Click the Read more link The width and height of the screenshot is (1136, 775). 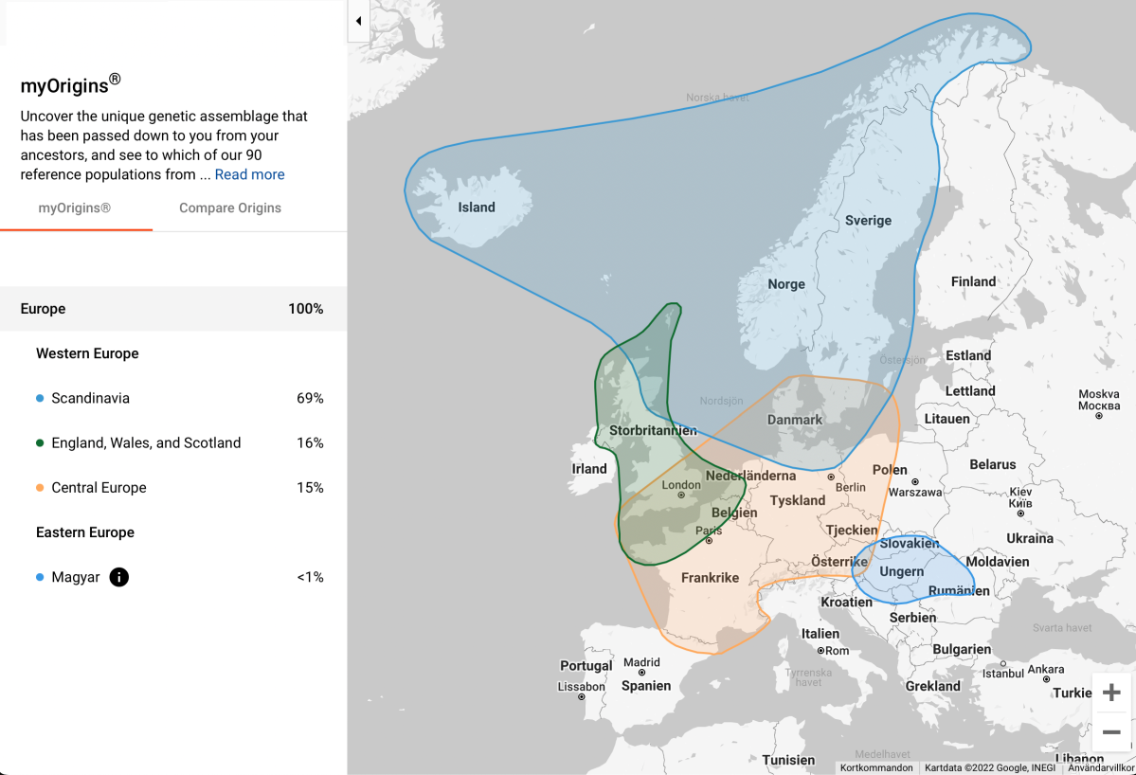click(x=249, y=174)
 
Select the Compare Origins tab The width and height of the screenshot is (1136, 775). click(x=230, y=208)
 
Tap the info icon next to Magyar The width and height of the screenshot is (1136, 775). click(x=118, y=577)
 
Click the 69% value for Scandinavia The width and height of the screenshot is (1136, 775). click(x=310, y=399)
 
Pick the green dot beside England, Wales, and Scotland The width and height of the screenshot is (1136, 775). click(x=40, y=443)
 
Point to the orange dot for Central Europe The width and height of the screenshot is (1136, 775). click(x=40, y=488)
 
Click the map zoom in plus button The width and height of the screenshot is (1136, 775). click(x=1111, y=694)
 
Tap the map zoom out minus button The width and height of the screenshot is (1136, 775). click(x=1111, y=732)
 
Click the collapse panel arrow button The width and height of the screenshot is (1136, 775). click(x=359, y=21)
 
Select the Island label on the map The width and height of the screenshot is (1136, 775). click(x=477, y=207)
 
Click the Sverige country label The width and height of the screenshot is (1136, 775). click(x=868, y=221)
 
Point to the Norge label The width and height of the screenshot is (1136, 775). click(x=786, y=284)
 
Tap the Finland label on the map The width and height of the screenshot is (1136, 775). click(x=973, y=281)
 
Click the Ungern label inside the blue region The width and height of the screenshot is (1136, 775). click(x=901, y=572)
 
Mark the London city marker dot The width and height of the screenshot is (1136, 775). click(x=681, y=495)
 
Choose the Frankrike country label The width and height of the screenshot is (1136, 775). click(x=710, y=578)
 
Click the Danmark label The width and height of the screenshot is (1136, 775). click(x=795, y=420)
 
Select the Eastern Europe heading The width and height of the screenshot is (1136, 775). click(x=85, y=532)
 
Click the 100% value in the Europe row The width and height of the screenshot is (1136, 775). click(x=306, y=309)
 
